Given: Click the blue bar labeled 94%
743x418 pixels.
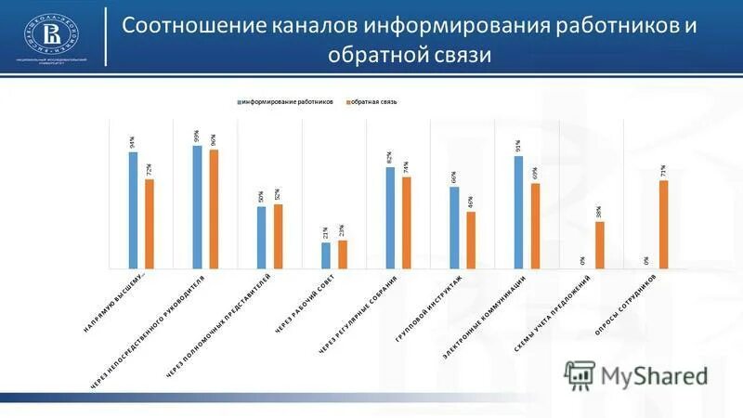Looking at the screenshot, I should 133,210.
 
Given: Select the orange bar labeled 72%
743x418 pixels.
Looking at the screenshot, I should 150,224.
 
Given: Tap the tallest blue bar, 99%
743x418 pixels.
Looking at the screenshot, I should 197,207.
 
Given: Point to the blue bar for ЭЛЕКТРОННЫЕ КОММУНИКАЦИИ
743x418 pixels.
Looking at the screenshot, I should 518,213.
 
